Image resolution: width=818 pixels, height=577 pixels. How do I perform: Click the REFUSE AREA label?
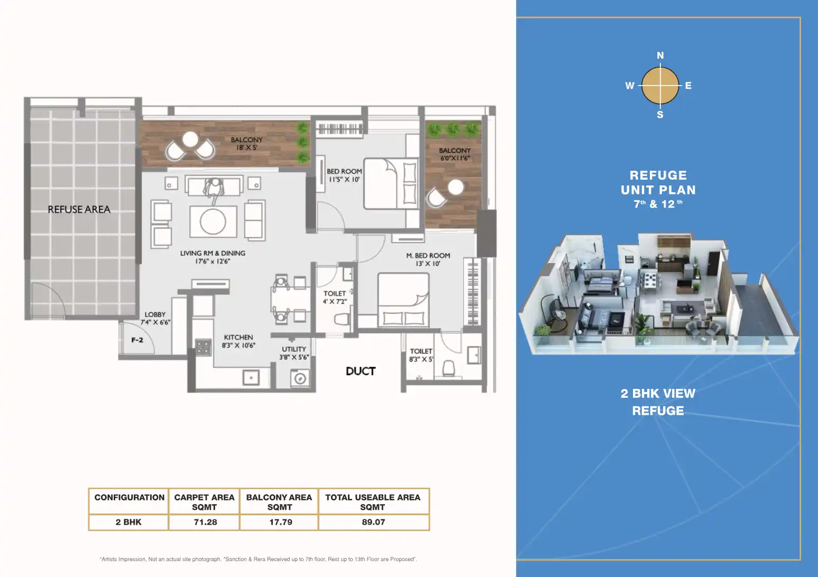coord(79,209)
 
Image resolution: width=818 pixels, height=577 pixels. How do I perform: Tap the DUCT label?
coord(361,371)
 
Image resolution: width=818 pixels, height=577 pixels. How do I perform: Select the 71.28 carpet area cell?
coord(205,522)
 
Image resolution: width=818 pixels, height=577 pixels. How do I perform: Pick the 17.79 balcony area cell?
coord(280,522)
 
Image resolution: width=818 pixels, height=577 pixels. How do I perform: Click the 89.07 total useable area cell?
coord(373,522)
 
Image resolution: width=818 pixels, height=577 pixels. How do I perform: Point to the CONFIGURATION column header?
coord(129,497)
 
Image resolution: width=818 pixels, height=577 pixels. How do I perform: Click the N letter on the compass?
coord(660,55)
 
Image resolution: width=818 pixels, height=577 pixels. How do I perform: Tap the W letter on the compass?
coord(630,86)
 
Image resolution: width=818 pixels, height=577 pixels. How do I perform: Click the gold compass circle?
coord(660,86)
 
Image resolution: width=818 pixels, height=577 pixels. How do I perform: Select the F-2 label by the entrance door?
coord(137,340)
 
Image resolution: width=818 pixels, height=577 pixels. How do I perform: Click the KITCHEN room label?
coord(238,337)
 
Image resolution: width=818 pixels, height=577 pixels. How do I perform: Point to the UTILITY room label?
coord(294,349)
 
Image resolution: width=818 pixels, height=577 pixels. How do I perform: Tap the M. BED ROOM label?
coord(428,255)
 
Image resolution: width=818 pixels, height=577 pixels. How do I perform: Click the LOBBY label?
coord(155,314)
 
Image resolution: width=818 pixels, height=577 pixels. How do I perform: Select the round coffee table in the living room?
coord(213,221)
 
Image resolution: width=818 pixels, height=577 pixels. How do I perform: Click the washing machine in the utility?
coord(300,378)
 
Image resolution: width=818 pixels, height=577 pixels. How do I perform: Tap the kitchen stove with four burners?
coord(203,347)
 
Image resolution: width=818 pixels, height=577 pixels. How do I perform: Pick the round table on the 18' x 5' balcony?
coord(190,139)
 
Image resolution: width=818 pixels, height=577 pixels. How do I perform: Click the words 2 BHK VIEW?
coord(658,394)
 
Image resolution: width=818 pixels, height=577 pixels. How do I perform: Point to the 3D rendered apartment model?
coord(657,294)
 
